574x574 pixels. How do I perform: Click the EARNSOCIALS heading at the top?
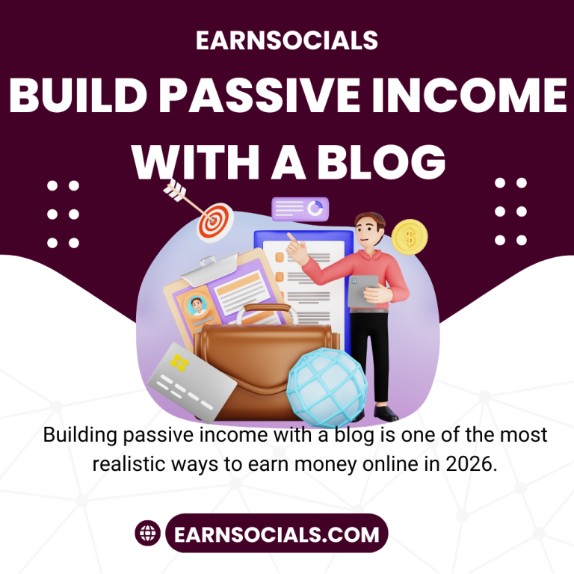click(287, 41)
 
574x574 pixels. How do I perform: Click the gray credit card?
click(191, 382)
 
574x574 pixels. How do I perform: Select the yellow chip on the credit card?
click(179, 363)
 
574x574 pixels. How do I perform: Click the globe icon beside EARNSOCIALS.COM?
click(148, 534)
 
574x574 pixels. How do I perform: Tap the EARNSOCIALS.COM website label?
click(276, 534)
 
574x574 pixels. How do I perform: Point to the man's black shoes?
click(386, 413)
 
